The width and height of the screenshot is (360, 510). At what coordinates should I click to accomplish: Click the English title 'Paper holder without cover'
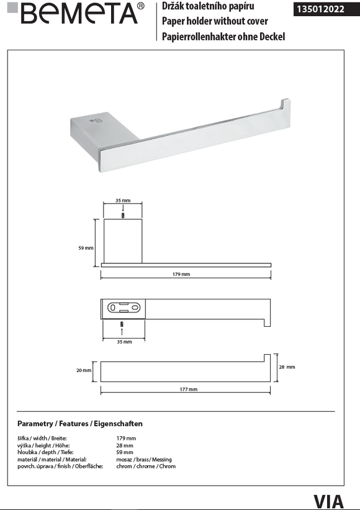tap(214, 21)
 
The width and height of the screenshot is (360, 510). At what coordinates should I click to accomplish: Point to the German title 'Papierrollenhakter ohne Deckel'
tap(223, 37)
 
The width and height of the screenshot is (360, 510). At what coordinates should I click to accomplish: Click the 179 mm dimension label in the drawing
tap(182, 274)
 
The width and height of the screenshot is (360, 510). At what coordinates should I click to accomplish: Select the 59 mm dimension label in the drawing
tap(86, 248)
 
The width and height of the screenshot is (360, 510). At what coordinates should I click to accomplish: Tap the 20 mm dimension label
tap(84, 370)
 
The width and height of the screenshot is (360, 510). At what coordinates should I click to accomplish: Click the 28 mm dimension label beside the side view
tap(286, 367)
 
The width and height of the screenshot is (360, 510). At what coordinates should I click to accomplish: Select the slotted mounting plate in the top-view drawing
tap(124, 307)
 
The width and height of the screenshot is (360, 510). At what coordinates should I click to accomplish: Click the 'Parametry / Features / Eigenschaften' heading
tap(80, 424)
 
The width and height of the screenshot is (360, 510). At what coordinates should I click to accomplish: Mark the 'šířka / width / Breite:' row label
tap(42, 439)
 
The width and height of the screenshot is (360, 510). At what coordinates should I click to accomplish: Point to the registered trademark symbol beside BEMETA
tap(140, 6)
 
